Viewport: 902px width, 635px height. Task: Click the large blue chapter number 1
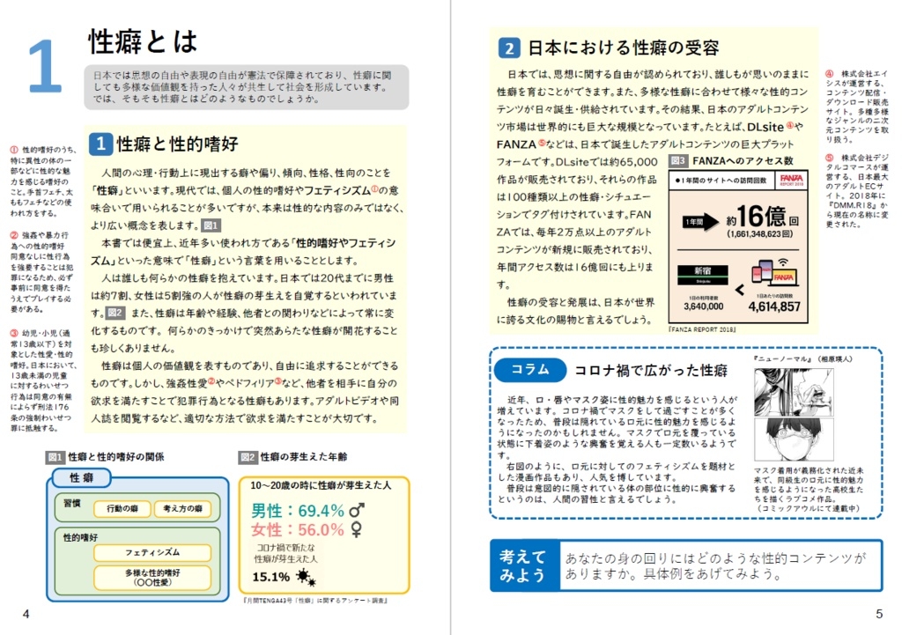click(45, 67)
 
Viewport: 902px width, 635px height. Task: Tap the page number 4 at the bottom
click(26, 613)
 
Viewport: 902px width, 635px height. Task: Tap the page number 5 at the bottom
click(878, 613)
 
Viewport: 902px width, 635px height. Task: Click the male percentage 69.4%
click(309, 511)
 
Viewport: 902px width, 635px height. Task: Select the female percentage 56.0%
click(309, 530)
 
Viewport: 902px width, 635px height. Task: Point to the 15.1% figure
click(270, 577)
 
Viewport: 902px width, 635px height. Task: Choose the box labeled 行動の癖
click(122, 509)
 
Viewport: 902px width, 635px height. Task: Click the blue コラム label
click(527, 369)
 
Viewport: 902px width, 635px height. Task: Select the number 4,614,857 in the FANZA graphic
click(775, 306)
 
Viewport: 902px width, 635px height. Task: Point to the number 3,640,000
click(703, 307)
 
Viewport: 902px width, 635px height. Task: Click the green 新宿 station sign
click(703, 271)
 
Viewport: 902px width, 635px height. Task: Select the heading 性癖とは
click(143, 41)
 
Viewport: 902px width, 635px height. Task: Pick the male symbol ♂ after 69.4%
click(358, 511)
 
